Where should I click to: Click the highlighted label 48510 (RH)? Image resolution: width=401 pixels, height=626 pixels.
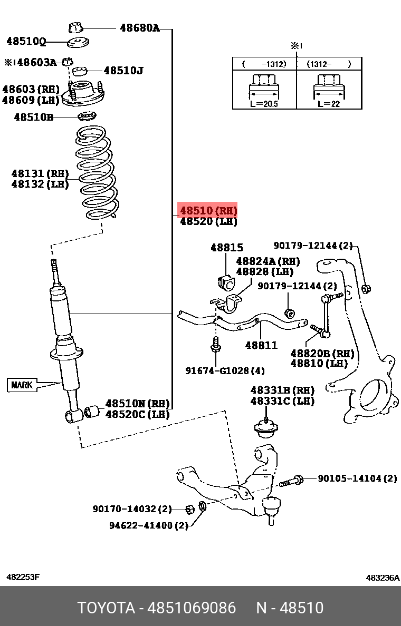[x=208, y=211]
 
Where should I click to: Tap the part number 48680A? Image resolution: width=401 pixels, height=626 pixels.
[x=139, y=28]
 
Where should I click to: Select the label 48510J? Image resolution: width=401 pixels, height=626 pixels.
[x=123, y=70]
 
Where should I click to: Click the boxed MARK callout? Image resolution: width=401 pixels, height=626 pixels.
[x=22, y=385]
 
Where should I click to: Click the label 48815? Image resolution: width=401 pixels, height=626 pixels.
[x=227, y=247]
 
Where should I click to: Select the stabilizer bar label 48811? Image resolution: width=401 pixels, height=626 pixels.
[x=261, y=346]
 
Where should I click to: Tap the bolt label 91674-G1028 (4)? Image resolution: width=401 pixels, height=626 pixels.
[x=225, y=371]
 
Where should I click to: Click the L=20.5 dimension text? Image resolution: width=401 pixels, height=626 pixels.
[x=264, y=104]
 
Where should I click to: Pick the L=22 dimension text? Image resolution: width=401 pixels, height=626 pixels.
[x=329, y=104]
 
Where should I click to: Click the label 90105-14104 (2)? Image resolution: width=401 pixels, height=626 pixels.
[x=357, y=478]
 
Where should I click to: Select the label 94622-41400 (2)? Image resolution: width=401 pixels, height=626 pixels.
[x=149, y=525]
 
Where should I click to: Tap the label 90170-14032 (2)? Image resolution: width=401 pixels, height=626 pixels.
[x=132, y=509]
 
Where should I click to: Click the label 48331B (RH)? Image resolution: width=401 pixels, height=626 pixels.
[x=282, y=390]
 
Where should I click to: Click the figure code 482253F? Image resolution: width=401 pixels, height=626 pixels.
[x=23, y=577]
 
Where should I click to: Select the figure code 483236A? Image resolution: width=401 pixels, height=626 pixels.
[x=383, y=578]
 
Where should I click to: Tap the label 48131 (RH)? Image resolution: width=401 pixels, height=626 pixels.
[x=40, y=173]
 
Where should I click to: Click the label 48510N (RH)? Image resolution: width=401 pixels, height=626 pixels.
[x=137, y=404]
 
